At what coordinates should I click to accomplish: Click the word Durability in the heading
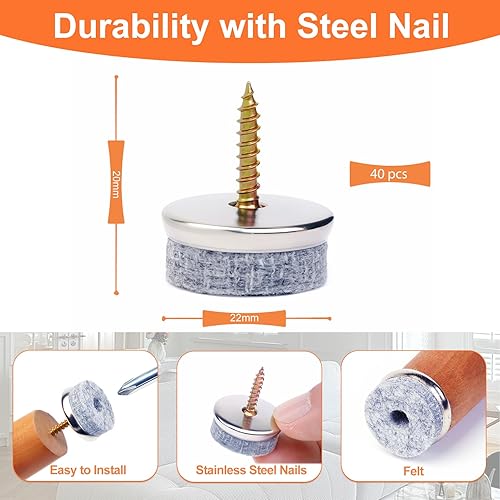pyautogui.click(x=131, y=27)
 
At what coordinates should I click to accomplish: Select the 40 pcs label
pyautogui.click(x=389, y=174)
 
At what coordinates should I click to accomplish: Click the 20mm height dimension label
pyautogui.click(x=116, y=184)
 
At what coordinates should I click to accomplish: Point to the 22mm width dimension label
pyautogui.click(x=244, y=318)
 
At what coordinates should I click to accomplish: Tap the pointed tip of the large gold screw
pyautogui.click(x=248, y=83)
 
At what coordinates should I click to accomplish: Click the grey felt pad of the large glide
pyautogui.click(x=247, y=268)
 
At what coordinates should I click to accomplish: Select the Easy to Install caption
pyautogui.click(x=88, y=470)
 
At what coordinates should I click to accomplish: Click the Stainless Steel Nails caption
pyautogui.click(x=251, y=470)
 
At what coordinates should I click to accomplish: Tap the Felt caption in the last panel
pyautogui.click(x=413, y=471)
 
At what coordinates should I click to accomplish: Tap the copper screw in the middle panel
pyautogui.click(x=255, y=390)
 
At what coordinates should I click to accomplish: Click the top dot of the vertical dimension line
pyautogui.click(x=116, y=77)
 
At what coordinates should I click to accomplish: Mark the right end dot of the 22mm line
pyautogui.click(x=330, y=319)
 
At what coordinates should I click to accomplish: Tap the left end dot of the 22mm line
pyautogui.click(x=164, y=319)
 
